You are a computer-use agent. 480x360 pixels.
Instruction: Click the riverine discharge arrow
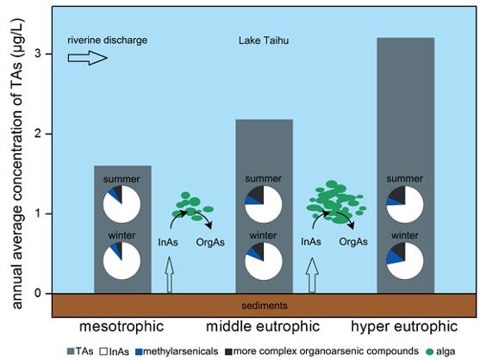[x=88, y=58]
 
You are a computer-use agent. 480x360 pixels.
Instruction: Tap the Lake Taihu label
[x=264, y=40]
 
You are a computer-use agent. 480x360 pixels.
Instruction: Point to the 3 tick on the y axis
[x=48, y=54]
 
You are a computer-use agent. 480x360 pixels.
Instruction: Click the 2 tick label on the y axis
[x=39, y=134]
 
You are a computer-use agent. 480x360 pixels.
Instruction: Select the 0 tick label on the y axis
[x=38, y=294]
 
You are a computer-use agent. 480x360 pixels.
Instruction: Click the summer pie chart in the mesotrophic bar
[x=122, y=204]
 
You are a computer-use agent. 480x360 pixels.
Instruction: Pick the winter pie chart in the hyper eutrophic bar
[x=405, y=261]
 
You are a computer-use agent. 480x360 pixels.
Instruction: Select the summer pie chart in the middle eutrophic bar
[x=263, y=204]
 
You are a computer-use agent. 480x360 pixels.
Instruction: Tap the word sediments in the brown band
[x=265, y=306]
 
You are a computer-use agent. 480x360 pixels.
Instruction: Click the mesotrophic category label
[x=122, y=326]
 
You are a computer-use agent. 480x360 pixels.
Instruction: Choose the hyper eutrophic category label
[x=404, y=326]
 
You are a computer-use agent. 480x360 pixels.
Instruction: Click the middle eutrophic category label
[x=263, y=326]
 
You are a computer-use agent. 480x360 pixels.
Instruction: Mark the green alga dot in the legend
[x=430, y=351]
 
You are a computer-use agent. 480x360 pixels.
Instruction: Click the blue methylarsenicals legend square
[x=139, y=351]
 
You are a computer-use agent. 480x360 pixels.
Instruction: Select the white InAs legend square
[x=103, y=351]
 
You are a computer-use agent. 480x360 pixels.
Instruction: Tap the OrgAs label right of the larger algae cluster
[x=353, y=242]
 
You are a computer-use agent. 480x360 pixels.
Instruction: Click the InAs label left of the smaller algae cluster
[x=168, y=243]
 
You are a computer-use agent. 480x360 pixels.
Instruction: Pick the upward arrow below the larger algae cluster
[x=312, y=276]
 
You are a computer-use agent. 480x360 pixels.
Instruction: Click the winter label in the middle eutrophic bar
[x=263, y=235]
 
